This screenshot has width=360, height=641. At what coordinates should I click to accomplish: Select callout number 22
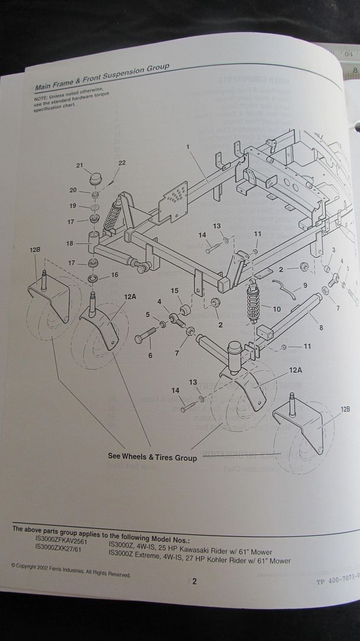click(122, 163)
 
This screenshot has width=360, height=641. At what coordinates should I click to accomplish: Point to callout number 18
click(69, 243)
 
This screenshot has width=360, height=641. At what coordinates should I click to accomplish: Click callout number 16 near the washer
click(114, 274)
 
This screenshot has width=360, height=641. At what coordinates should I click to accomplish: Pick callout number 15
click(175, 290)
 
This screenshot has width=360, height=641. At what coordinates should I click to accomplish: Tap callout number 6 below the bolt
click(149, 356)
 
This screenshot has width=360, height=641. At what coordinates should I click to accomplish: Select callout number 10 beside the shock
click(277, 309)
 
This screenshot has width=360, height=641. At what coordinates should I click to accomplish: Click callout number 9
click(304, 285)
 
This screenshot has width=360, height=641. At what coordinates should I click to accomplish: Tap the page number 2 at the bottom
click(194, 582)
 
